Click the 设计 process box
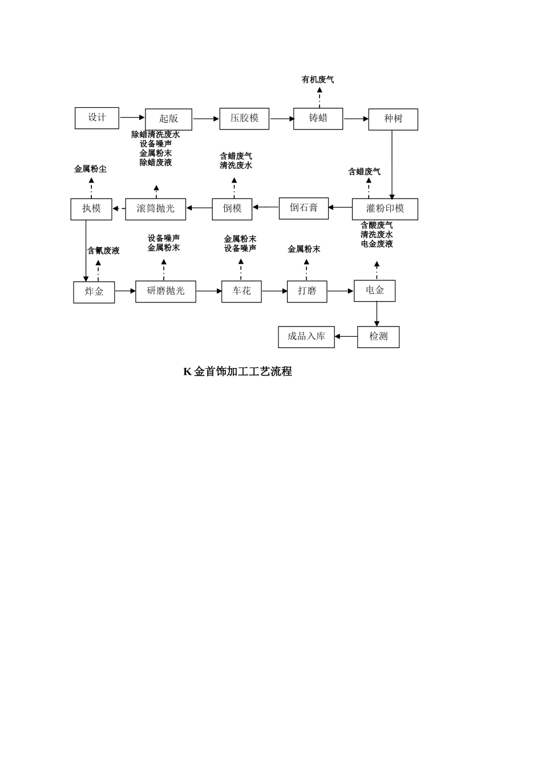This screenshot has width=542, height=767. pos(97,118)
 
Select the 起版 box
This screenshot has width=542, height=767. pos(168,119)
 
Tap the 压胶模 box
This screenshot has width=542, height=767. pos(244,119)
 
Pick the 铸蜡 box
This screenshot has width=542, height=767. pos(318,119)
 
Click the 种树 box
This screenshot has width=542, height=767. pos(393,119)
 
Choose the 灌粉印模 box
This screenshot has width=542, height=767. pos(385,209)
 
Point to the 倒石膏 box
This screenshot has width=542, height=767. pos(304,208)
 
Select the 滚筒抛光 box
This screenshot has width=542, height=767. pos(155,209)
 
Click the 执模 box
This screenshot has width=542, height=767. pos(91,209)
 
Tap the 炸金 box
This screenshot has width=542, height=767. pos(94,292)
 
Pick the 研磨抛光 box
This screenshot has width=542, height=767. pos(165,292)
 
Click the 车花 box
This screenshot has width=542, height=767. pos(241,292)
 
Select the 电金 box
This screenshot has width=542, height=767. pos(374,291)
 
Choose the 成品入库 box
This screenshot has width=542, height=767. pos(306,337)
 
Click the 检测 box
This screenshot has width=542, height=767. pos(378,337)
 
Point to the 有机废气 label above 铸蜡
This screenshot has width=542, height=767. pos(318,80)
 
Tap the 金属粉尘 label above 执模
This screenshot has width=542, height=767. pos(90,169)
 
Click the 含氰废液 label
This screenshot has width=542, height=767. pos(103,251)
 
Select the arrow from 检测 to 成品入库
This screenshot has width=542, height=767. pos(346,337)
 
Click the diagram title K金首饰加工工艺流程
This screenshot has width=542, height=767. pos(237,372)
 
